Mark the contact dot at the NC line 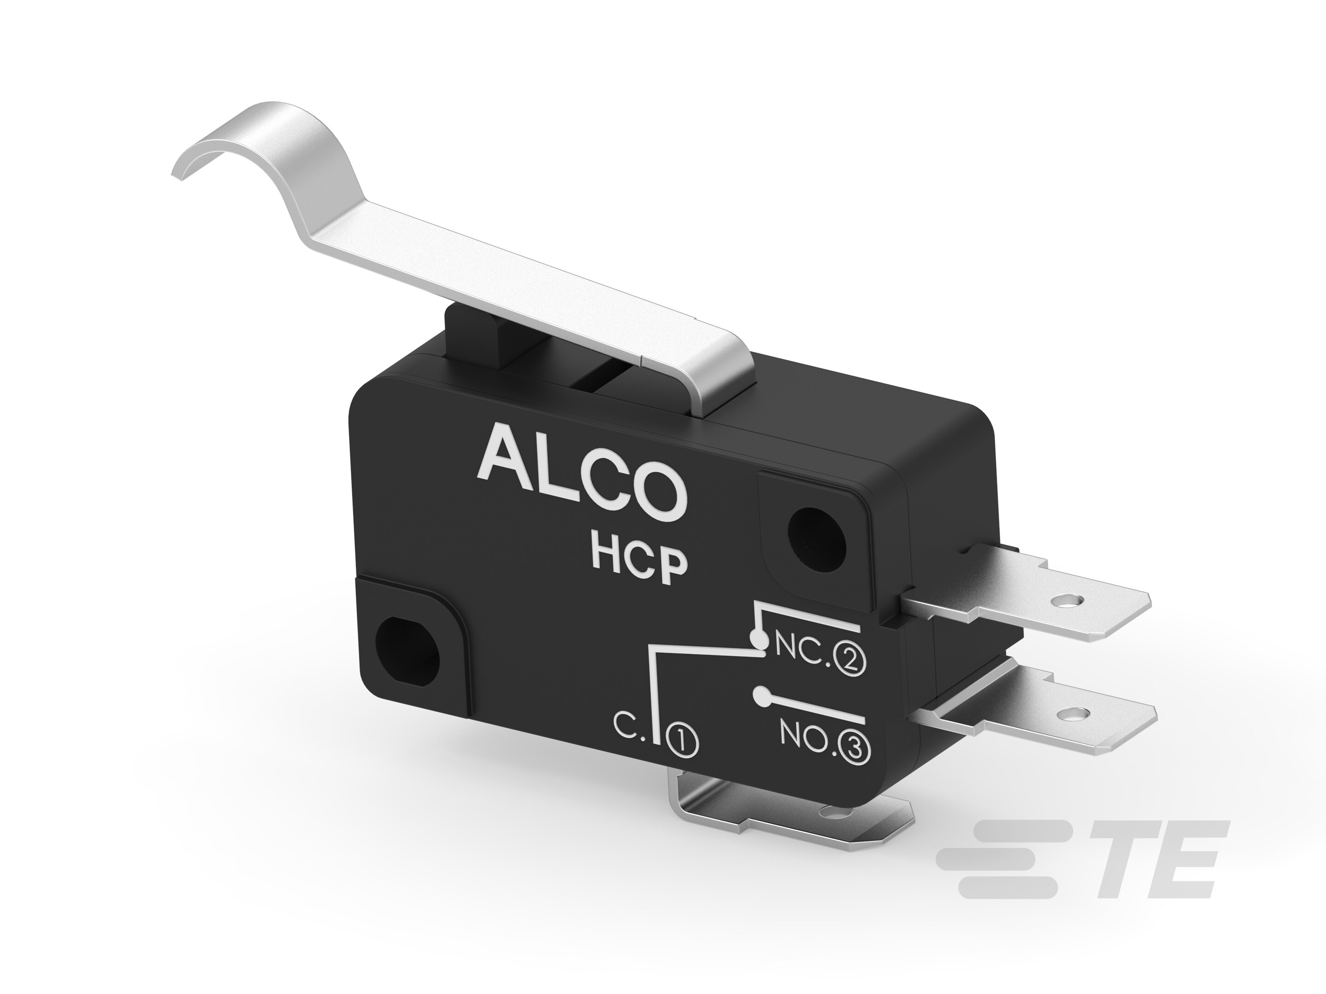pos(758,641)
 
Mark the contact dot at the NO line pos(762,697)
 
